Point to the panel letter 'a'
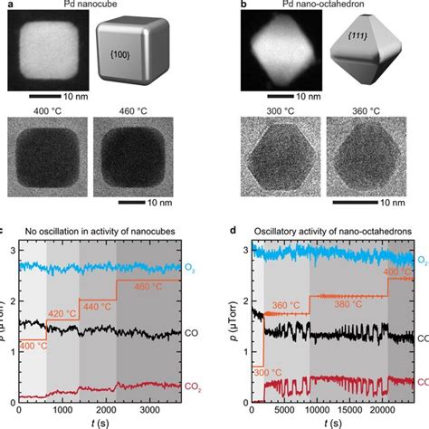tap(5, 6)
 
